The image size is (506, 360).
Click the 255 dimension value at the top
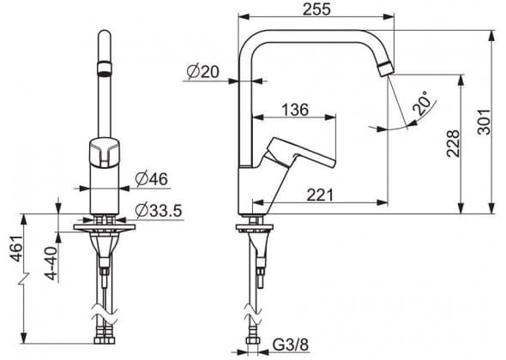coord(316,9)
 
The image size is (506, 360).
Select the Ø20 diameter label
coord(202,72)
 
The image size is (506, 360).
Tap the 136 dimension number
coord(295,110)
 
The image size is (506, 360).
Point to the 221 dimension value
coord(320,195)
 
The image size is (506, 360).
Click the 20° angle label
coord(422,103)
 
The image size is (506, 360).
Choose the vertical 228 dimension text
coord(453,143)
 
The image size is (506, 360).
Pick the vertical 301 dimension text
coord(484,122)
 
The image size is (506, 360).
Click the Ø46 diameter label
coord(152,179)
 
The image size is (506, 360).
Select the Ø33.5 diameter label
coord(159,211)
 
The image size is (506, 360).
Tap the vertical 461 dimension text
coord(17,249)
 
